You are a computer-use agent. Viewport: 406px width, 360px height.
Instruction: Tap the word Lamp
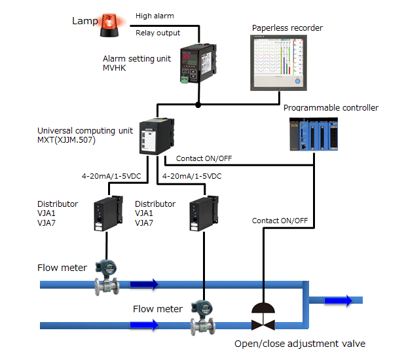84,21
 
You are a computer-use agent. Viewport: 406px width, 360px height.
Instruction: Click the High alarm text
155,15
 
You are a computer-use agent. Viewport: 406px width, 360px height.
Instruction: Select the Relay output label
157,33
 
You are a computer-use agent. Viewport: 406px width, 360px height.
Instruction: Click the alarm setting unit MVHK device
198,63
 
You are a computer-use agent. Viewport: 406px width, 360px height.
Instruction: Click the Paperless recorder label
287,28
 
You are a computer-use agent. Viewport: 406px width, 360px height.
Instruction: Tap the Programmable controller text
331,108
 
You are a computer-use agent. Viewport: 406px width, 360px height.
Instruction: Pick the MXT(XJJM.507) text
69,139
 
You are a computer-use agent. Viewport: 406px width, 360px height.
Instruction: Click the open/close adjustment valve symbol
263,317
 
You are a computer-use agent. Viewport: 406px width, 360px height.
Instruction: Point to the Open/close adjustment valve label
300,344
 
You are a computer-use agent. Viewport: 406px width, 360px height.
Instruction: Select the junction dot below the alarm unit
198,103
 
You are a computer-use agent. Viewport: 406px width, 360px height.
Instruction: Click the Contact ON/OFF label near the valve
280,221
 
